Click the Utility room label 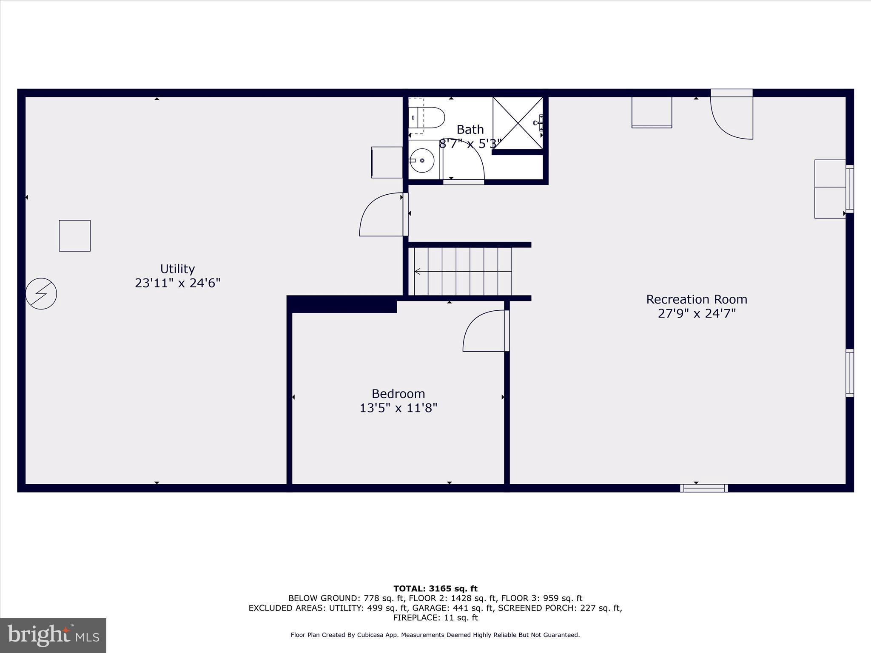click(x=177, y=269)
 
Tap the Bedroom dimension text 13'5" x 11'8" click(x=398, y=408)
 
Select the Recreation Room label click(x=696, y=299)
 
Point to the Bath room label click(x=470, y=129)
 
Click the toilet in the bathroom click(x=427, y=117)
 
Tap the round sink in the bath click(x=422, y=161)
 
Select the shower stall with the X click(x=518, y=123)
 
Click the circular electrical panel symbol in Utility click(x=41, y=293)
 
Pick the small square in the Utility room click(x=74, y=236)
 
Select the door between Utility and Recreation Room click(x=383, y=215)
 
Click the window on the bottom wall click(x=704, y=488)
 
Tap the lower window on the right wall click(x=849, y=373)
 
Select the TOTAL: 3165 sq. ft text click(x=435, y=589)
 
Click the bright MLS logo click(x=53, y=635)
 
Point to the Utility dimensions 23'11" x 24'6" click(x=177, y=283)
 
